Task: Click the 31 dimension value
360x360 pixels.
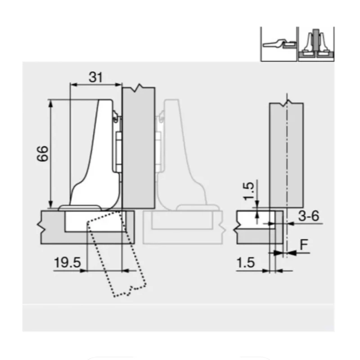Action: coord(95,77)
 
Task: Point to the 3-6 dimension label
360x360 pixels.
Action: coord(309,216)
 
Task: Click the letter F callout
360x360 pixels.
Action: coord(304,245)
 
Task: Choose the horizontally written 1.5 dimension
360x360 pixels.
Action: coord(245,262)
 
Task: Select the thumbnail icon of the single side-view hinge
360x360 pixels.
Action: coord(279,44)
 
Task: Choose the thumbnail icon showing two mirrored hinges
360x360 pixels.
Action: coord(316,44)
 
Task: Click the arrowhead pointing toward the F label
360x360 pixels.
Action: coord(290,254)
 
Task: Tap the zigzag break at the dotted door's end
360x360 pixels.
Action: coord(130,290)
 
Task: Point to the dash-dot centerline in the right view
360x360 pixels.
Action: coord(286,171)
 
